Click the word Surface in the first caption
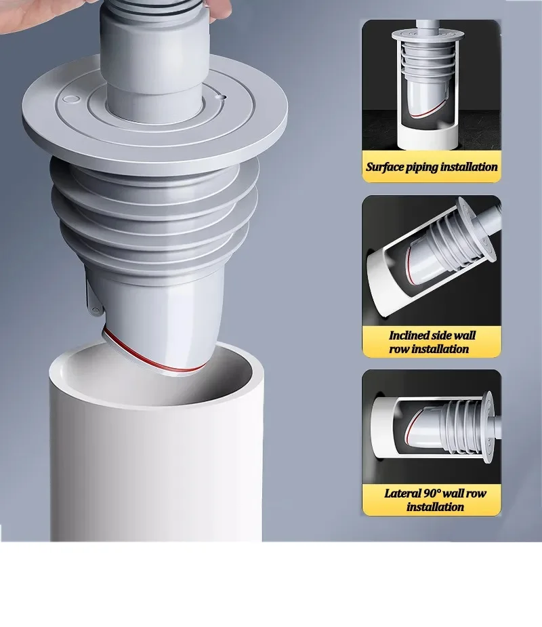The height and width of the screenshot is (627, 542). tap(384, 167)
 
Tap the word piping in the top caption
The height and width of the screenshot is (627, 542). tap(421, 167)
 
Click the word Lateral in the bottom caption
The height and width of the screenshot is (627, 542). tap(402, 493)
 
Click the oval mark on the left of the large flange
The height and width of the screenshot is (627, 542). tap(69, 100)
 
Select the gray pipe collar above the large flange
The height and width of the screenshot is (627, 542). tap(153, 68)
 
